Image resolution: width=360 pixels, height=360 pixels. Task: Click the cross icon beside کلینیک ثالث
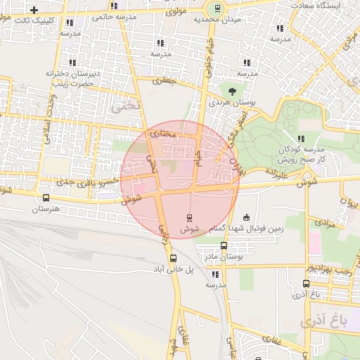pyautogui.click(x=34, y=9)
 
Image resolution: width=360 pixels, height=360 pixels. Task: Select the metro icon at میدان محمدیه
pyautogui.click(x=217, y=9)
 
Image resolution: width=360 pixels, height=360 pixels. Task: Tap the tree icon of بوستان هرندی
pyautogui.click(x=231, y=90)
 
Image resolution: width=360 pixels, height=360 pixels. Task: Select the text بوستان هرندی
pyautogui.click(x=231, y=103)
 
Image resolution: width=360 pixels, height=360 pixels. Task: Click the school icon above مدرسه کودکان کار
pyautogui.click(x=301, y=139)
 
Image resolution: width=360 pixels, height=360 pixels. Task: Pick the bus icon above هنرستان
pyautogui.click(x=46, y=198)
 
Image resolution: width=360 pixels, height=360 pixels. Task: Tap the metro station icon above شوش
pyautogui.click(x=188, y=217)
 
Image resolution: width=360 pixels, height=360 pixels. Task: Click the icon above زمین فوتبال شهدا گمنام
pyautogui.click(x=245, y=217)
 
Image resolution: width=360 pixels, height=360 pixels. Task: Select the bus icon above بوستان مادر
pyautogui.click(x=224, y=245)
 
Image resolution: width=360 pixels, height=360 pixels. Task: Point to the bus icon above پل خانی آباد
pyautogui.click(x=173, y=257)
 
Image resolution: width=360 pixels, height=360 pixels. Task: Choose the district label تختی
pyautogui.click(x=127, y=105)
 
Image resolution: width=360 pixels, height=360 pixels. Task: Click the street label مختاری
pyautogui.click(x=162, y=131)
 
